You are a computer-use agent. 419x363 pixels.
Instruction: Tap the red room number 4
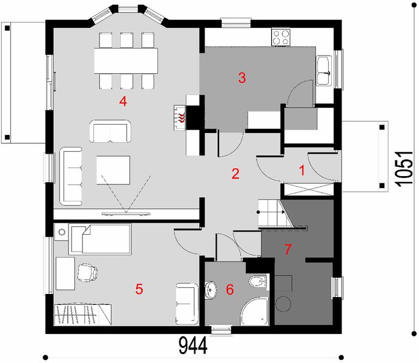[x=123, y=101]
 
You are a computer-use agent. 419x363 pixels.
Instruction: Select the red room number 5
[x=139, y=289]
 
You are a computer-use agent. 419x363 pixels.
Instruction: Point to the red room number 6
[x=229, y=290]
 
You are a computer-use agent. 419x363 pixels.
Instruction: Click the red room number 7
[x=288, y=248]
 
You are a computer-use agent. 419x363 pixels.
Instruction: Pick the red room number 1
[x=301, y=170]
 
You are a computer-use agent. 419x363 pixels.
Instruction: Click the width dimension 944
[x=193, y=347]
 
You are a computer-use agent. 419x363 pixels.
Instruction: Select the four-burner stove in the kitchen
[x=282, y=38]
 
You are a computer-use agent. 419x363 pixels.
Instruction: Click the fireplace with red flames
[x=181, y=116]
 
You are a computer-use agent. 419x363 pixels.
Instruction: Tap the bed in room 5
[x=100, y=239]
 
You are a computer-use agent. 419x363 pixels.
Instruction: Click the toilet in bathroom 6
[x=257, y=281]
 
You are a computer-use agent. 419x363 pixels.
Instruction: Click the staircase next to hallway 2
[x=271, y=213]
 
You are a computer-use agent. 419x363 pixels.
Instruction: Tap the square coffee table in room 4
[x=113, y=171]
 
